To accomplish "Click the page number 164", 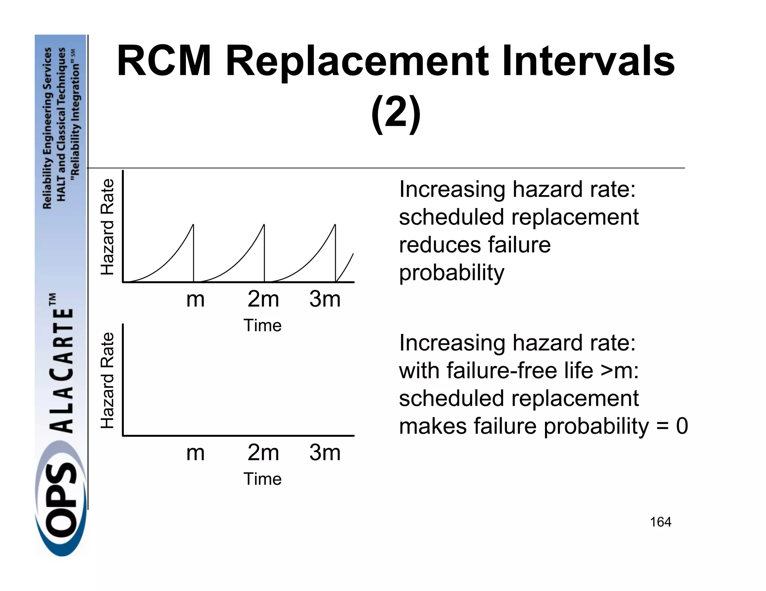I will coord(661,522).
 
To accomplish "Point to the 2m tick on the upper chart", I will coord(263,299).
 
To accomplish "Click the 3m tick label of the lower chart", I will coord(325,453).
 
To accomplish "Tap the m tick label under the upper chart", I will coord(195,299).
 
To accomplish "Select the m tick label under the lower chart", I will coord(195,453).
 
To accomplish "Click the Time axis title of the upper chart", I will coord(262,325).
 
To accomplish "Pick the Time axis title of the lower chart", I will coord(262,479).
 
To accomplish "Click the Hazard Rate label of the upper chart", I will coord(107,227).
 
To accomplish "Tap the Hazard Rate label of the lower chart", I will coord(107,380).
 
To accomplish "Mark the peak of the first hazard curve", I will coord(193,225).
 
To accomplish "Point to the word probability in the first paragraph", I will coord(451,273).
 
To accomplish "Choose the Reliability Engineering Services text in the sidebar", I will coord(48,128).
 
